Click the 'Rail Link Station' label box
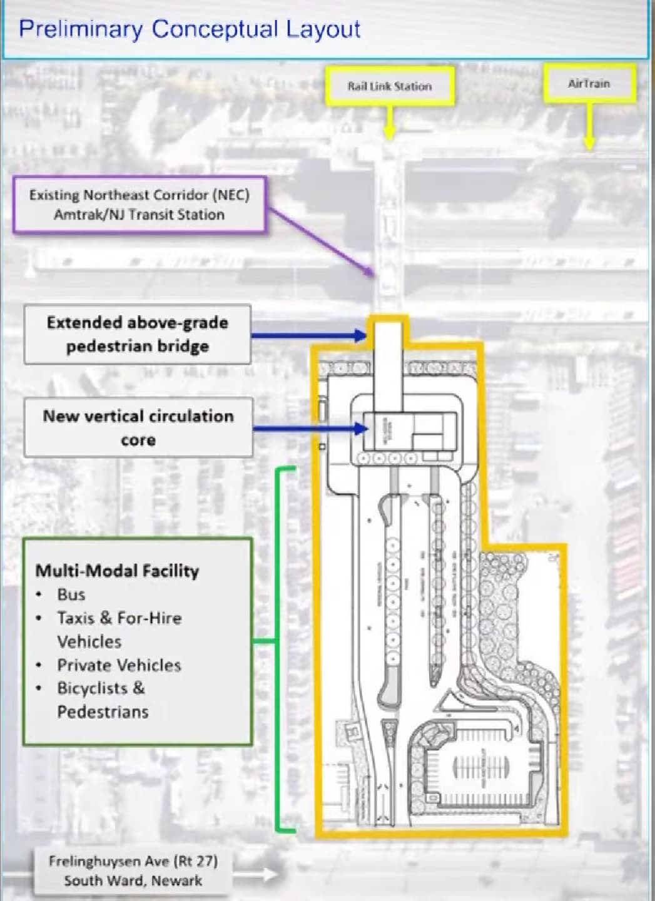coord(390,86)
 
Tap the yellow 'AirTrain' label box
coord(589,83)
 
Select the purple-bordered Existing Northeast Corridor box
coord(139,205)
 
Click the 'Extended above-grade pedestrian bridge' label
coord(137,334)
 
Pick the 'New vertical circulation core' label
coord(138,428)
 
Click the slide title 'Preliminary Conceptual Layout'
coord(190,29)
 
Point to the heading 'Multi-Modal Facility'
coord(117,571)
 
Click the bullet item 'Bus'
coord(71,594)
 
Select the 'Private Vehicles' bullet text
coord(119,664)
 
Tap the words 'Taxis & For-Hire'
coord(119,618)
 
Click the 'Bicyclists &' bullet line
coord(101,688)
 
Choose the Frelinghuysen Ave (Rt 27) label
coord(133,871)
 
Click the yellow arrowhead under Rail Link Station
coord(390,133)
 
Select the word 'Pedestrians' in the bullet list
coord(103,712)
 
